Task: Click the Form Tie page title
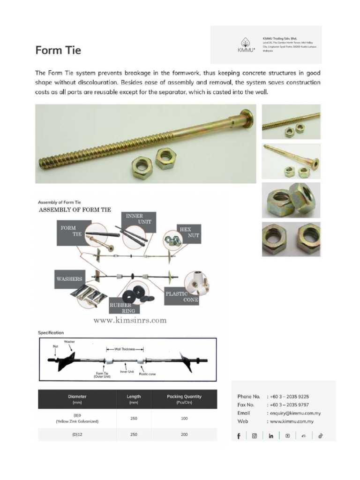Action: [58, 50]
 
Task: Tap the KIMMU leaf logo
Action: [245, 42]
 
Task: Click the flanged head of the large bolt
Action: [247, 118]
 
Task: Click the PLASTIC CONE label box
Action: [180, 296]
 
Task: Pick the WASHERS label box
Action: [70, 279]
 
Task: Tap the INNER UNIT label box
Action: [140, 218]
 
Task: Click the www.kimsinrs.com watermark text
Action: [130, 321]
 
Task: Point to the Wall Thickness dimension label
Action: [125, 349]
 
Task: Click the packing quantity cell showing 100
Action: [184, 418]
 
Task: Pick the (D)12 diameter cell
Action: [77, 435]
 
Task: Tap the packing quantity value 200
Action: [184, 435]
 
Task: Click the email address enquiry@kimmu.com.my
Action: [294, 413]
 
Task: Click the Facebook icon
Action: [239, 436]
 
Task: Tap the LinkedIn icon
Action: [271, 436]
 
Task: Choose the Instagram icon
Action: [255, 436]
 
